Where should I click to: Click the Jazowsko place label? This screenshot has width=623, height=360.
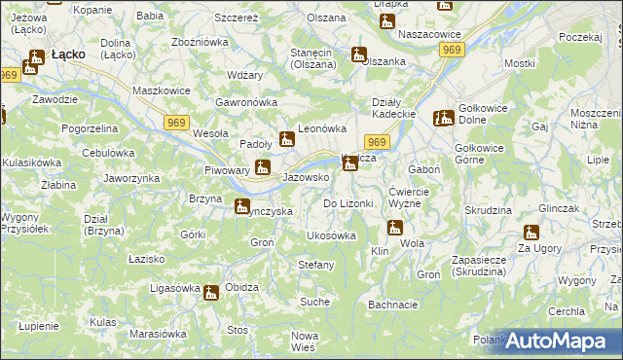point(305,178)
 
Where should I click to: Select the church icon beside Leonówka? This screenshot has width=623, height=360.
point(287,139)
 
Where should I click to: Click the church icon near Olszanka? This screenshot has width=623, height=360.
point(359,56)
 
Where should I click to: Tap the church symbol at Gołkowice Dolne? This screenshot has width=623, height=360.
point(446,119)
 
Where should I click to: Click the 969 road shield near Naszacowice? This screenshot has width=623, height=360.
point(450,50)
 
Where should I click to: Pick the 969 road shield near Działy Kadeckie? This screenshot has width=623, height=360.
point(380,142)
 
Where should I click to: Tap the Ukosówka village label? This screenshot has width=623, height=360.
point(331,235)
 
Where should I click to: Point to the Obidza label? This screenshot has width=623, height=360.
point(241,288)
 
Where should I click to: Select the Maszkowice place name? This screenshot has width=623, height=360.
point(161,90)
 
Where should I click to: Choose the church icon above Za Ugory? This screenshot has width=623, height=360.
point(531,233)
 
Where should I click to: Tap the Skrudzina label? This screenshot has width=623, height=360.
point(488,210)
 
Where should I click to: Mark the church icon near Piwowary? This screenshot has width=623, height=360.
point(262,168)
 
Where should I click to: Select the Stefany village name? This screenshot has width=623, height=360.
point(315,265)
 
